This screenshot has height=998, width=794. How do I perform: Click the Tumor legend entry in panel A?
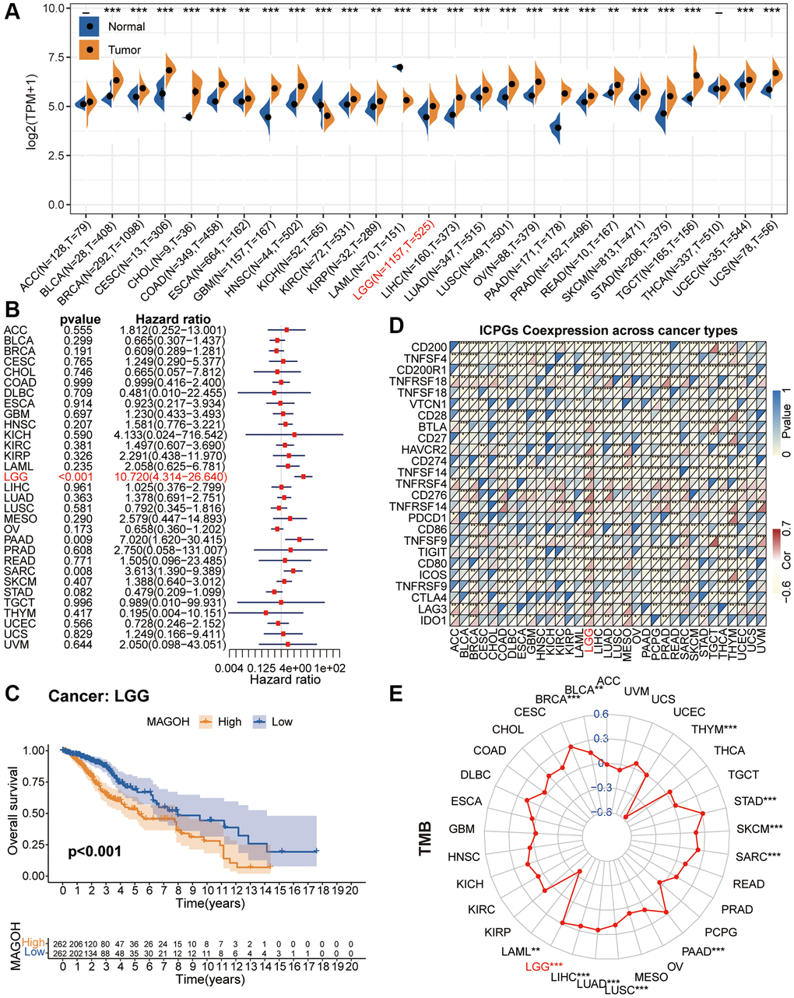[125, 50]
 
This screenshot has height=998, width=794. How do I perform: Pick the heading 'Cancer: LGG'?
[98, 695]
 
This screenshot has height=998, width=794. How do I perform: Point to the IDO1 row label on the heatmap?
[434, 620]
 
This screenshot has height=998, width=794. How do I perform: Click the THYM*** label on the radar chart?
[714, 729]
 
